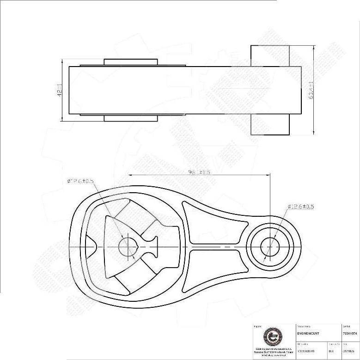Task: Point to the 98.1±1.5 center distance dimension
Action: [199, 172]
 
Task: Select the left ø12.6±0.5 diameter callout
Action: [79, 182]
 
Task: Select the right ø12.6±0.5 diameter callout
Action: [301, 207]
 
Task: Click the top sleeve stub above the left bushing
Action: [131, 62]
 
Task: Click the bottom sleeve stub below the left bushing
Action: [131, 118]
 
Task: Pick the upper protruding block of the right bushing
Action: [270, 55]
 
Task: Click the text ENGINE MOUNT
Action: [309, 333]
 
